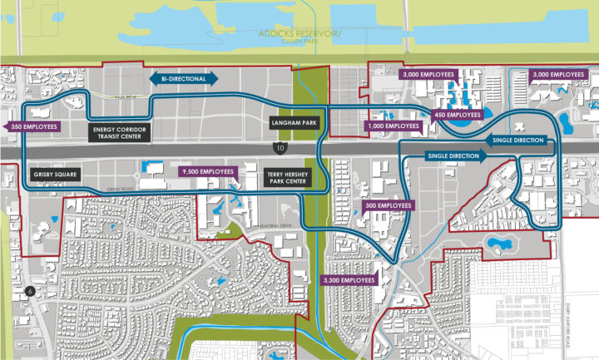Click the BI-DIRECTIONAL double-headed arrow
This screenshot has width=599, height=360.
[184, 77]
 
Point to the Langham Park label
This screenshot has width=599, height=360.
[290, 123]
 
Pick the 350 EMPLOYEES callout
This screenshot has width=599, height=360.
[32, 126]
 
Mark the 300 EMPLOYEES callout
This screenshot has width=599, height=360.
[388, 205]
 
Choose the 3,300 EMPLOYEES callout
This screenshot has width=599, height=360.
[349, 280]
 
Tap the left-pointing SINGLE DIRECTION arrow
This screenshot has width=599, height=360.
[516, 141]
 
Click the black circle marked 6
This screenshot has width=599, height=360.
[31, 291]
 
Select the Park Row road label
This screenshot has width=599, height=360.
[125, 97]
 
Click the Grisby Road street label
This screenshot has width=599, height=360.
[121, 190]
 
